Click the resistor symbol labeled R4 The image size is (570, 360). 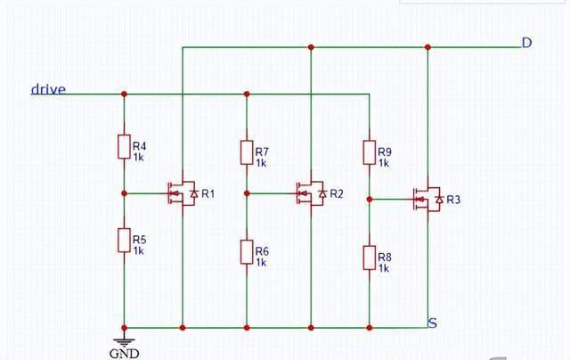coord(124,146)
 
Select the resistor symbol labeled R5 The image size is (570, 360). coord(124,241)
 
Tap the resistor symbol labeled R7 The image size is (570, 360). coord(247,152)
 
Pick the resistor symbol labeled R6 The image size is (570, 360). coord(247,252)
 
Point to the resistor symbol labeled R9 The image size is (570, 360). coord(369,152)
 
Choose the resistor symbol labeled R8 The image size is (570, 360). coord(369,258)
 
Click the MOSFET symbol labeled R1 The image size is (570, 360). coord(182,193)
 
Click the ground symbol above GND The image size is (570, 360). coord(124,339)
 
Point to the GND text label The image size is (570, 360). coord(124,353)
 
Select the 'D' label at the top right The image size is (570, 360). coord(526,42)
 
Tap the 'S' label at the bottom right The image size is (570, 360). coord(432,322)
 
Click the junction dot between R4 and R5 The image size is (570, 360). coord(124,192)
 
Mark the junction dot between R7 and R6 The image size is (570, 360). coord(247,192)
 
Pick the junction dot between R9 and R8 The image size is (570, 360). coord(369,200)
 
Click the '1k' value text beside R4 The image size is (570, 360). coord(139,157)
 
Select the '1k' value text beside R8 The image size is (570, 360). coord(384,267)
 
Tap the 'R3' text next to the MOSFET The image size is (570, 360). coord(453,199)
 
